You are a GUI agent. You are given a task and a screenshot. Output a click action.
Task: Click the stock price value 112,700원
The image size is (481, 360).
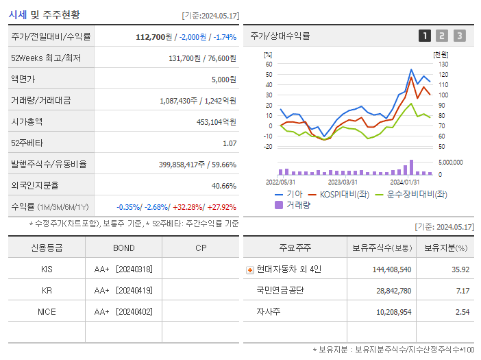point(154,36)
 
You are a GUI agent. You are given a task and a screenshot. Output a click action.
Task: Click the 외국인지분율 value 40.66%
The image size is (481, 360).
point(224,185)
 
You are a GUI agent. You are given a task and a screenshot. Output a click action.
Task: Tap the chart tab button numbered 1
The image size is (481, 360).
point(425,36)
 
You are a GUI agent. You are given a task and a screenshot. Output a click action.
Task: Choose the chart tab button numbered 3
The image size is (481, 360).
point(459,36)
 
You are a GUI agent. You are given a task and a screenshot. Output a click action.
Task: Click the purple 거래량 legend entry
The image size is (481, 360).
point(293,204)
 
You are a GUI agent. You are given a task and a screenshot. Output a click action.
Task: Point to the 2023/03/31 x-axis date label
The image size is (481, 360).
point(343,182)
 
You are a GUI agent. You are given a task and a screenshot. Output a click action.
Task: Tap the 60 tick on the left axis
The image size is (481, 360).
point(269,64)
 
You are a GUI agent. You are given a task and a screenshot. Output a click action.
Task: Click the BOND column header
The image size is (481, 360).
point(124,248)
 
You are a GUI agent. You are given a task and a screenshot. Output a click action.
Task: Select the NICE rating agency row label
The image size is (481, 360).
point(47,311)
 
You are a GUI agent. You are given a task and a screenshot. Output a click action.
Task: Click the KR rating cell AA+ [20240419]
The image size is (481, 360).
point(123,290)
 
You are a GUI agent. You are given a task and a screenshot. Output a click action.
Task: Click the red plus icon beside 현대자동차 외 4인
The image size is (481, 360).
point(249,269)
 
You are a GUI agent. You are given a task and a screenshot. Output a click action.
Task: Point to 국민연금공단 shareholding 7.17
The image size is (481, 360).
point(463,291)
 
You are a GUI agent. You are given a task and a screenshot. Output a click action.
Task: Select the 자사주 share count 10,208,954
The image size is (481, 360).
point(389,312)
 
